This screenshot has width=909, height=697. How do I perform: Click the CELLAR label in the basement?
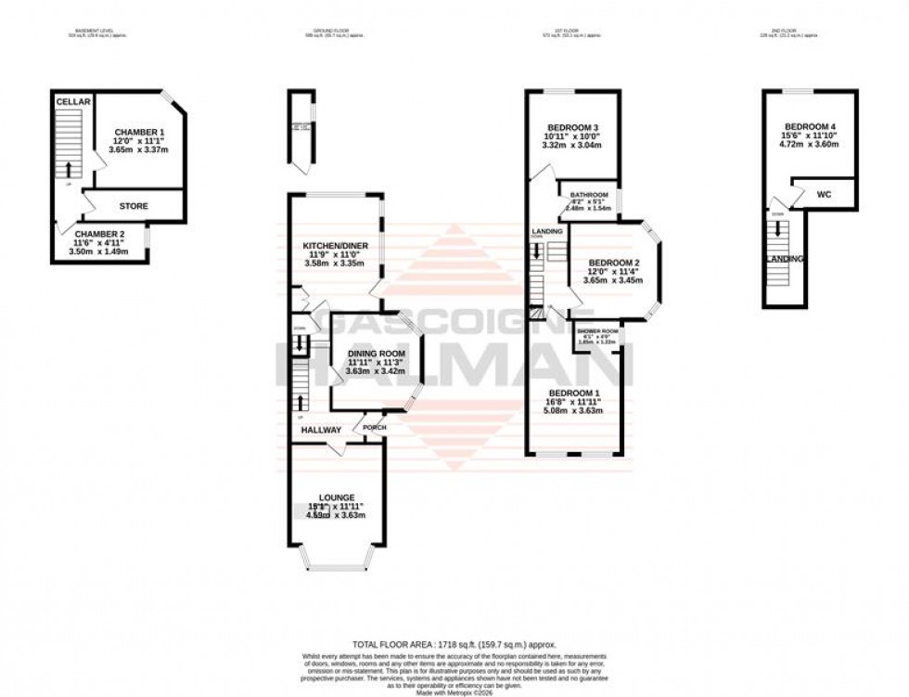72,101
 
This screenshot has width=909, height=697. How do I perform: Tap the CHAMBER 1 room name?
139,132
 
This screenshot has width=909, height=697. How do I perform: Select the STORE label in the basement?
134,205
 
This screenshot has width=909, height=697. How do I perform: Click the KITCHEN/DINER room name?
337,245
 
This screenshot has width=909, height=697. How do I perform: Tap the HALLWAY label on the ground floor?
321,430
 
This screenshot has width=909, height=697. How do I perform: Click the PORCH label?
375,428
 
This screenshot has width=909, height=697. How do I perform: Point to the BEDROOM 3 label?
571,127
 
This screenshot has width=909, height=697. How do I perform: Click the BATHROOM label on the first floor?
589,195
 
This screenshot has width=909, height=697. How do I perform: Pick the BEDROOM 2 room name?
612,262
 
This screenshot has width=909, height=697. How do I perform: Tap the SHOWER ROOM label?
597,331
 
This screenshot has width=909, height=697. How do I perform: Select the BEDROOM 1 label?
575,393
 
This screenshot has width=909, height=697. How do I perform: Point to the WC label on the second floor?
824,195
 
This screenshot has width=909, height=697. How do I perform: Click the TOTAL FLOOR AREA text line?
454,644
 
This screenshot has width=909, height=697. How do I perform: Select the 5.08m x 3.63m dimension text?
575,411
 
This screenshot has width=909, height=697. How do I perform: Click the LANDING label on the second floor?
785,258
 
